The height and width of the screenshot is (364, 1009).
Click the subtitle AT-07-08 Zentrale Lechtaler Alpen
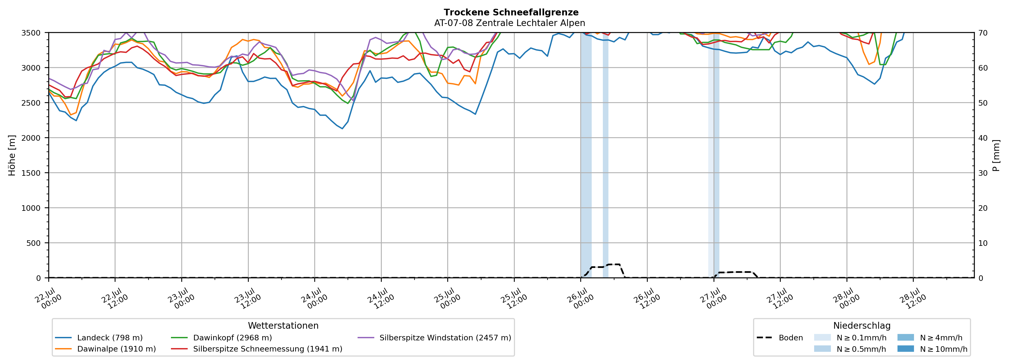tap(510, 23)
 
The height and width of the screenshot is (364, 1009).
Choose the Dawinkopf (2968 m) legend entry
tap(221, 338)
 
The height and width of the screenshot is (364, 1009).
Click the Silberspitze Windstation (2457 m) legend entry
tap(434, 338)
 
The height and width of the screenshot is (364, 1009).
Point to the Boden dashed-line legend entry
tap(779, 338)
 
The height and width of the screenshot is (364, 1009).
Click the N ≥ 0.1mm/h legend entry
tap(850, 338)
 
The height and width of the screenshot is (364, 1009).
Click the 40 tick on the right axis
tap(983, 138)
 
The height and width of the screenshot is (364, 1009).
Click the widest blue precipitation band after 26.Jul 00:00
tap(586, 155)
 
